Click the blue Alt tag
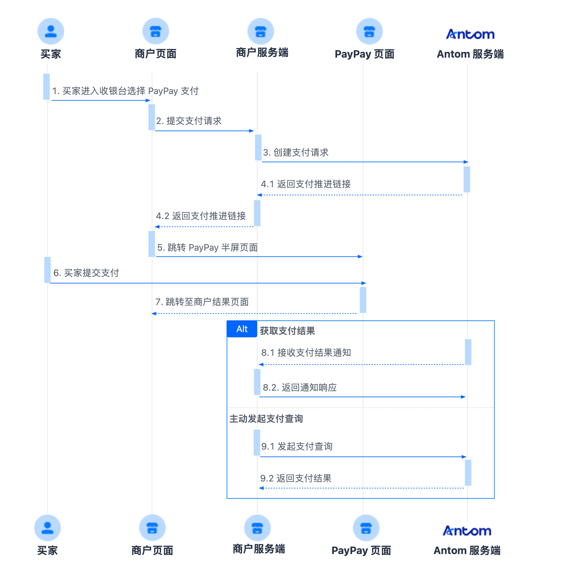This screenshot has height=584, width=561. tap(242, 329)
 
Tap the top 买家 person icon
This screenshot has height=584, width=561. tap(51, 31)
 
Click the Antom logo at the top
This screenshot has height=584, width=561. tap(470, 34)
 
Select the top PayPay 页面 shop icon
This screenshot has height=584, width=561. tap(369, 31)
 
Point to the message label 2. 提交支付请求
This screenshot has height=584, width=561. tap(189, 121)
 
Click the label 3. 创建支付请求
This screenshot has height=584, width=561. tap(296, 152)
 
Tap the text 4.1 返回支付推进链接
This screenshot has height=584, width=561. tap(306, 184)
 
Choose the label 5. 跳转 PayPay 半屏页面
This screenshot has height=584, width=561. tap(208, 247)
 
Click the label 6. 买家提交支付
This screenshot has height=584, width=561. tap(86, 273)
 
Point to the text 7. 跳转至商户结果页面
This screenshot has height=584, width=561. tap(202, 302)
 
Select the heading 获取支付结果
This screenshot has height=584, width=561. tap(287, 331)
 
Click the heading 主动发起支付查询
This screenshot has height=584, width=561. tap(266, 419)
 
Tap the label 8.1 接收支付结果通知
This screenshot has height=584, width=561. tap(306, 353)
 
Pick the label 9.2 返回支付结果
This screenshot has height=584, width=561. tap(296, 478)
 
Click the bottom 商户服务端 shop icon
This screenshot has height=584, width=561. tap(257, 528)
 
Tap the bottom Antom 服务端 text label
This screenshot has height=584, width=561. tap(467, 550)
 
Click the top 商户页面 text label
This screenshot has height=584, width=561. tap(156, 54)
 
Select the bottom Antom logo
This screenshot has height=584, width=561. tap(467, 531)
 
